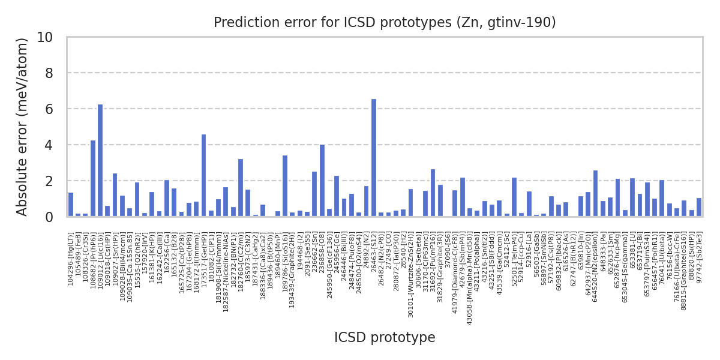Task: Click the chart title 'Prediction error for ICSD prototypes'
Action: [385, 23]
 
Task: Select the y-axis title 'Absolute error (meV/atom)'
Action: [23, 127]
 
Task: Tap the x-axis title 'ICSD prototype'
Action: [385, 338]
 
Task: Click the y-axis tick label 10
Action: [45, 37]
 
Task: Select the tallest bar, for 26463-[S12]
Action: [374, 158]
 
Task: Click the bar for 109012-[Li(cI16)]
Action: [100, 160]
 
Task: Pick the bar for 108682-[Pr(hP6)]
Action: [93, 178]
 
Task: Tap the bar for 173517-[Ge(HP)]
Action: [204, 175]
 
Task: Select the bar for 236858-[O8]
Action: [322, 180]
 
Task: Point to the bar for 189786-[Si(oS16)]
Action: [285, 186]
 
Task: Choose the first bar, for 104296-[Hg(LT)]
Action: [71, 205]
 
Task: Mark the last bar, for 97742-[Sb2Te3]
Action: [699, 207]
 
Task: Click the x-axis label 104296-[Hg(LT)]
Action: [71, 259]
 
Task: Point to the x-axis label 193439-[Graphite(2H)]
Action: [292, 265]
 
